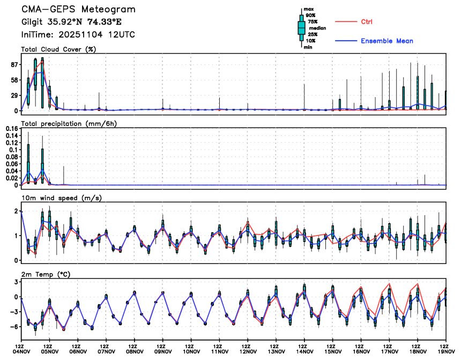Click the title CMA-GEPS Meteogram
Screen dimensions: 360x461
tap(78, 10)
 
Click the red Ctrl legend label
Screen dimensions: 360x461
tap(367, 21)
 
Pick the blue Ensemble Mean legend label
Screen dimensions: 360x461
tap(386, 41)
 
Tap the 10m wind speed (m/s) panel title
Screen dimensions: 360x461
tap(62, 198)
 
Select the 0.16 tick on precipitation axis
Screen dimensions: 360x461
tap(12, 129)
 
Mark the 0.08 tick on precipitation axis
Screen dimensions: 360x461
tap(12, 157)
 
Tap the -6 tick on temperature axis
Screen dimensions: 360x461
tap(14, 326)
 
